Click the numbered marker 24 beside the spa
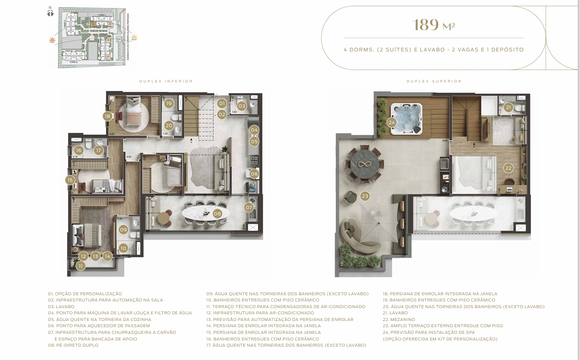pyautogui.click(x=391, y=122)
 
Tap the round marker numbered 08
pyautogui.click(x=217, y=214)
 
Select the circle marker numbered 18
pyautogui.click(x=107, y=116)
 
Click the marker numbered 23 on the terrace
pyautogui.click(x=365, y=196)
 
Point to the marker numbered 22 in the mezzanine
pyautogui.click(x=508, y=168)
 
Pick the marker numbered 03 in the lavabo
pyautogui.click(x=241, y=106)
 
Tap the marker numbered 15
pyautogui.click(x=70, y=180)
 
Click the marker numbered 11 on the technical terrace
pyautogui.click(x=80, y=266)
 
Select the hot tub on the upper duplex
pyautogui.click(x=405, y=118)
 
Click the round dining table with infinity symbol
pyautogui.click(x=366, y=164)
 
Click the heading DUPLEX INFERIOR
pyautogui.click(x=166, y=82)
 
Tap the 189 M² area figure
pyautogui.click(x=433, y=25)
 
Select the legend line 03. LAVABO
pyautogui.click(x=61, y=306)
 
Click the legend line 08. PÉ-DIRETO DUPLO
pyautogui.click(x=73, y=345)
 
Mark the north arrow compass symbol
pyautogui.click(x=50, y=12)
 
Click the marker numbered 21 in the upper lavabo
pyautogui.click(x=508, y=107)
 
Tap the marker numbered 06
pyautogui.click(x=254, y=174)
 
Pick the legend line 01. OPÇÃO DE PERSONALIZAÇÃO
pyautogui.click(x=85, y=293)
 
